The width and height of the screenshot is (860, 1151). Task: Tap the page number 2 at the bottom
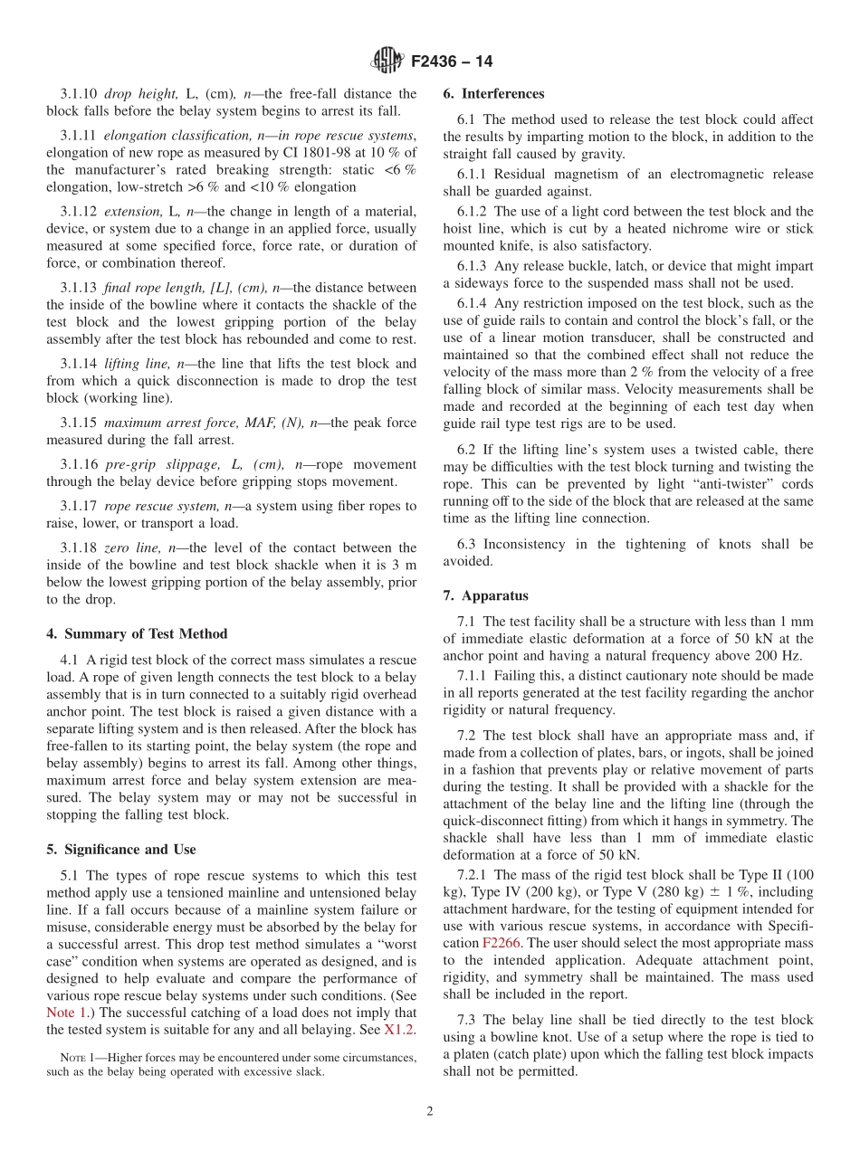coord(430,1112)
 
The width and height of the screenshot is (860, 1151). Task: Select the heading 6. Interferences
coord(493,94)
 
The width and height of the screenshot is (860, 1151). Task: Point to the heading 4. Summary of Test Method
coord(137,634)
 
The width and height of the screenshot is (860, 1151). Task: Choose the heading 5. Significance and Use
coord(121,850)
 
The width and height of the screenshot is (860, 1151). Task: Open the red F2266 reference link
coord(499,943)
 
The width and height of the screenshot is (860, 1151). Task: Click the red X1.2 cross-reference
coord(400,1030)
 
